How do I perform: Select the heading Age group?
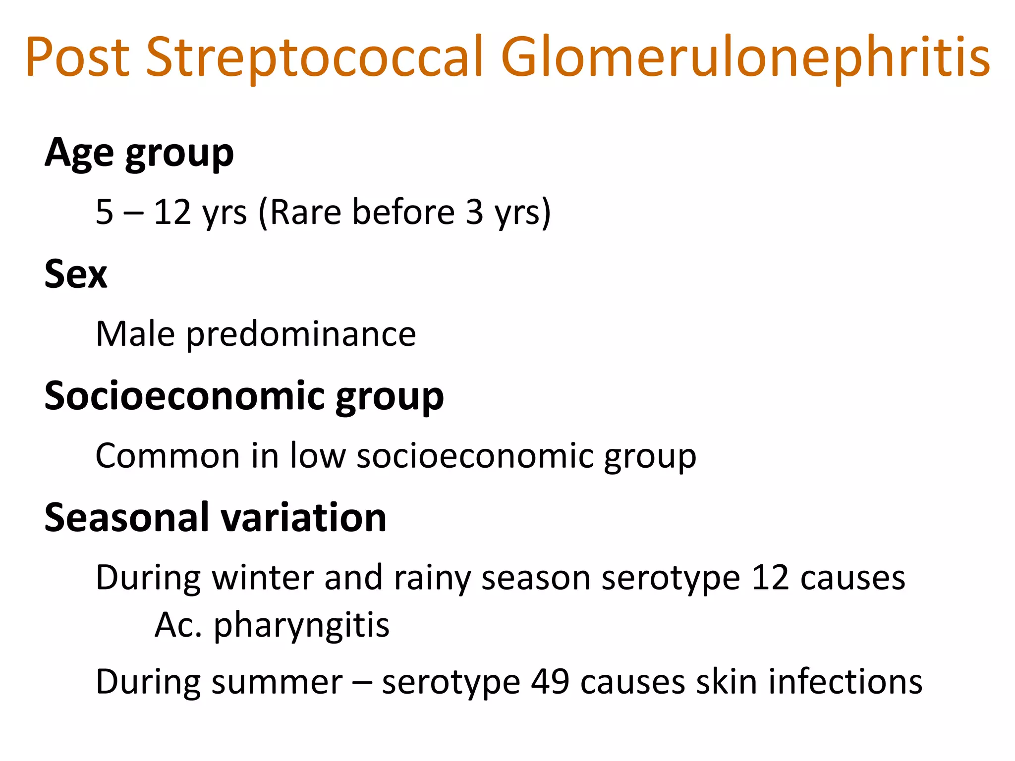pyautogui.click(x=139, y=154)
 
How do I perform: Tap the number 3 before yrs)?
pyautogui.click(x=474, y=212)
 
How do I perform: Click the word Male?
pyautogui.click(x=135, y=334)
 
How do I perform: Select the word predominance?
pyautogui.click(x=301, y=335)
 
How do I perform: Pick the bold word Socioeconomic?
pyautogui.click(x=184, y=396)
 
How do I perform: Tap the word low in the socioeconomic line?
pyautogui.click(x=318, y=456)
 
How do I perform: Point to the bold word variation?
pyautogui.click(x=303, y=518)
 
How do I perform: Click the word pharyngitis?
pyautogui.click(x=301, y=626)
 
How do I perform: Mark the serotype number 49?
pyautogui.click(x=550, y=682)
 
